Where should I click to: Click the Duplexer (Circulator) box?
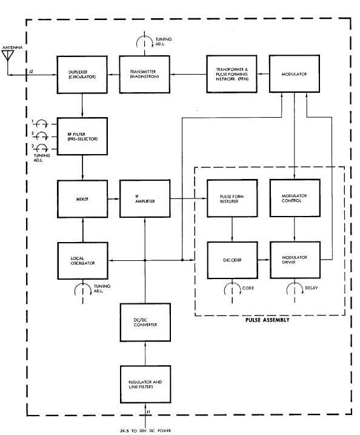(82, 75)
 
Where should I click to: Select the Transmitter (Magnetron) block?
(144, 75)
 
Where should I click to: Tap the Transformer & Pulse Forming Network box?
(232, 74)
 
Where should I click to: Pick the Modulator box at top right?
(295, 73)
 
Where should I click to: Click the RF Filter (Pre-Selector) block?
(82, 137)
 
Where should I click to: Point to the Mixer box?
(82, 199)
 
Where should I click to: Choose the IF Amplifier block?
(145, 198)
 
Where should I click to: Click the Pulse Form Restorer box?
(232, 198)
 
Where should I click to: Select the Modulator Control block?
(295, 198)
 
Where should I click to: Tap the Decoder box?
(233, 260)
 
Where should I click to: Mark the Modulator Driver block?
(295, 260)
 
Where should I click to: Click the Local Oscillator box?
(82, 261)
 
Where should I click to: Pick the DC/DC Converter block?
(145, 322)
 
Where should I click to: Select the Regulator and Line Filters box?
(145, 385)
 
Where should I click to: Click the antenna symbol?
(8, 55)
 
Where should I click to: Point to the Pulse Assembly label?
(267, 320)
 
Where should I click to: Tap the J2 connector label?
(32, 72)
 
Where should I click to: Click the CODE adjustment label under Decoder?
(248, 288)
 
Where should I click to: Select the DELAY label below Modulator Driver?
(312, 288)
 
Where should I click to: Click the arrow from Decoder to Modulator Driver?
(264, 260)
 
